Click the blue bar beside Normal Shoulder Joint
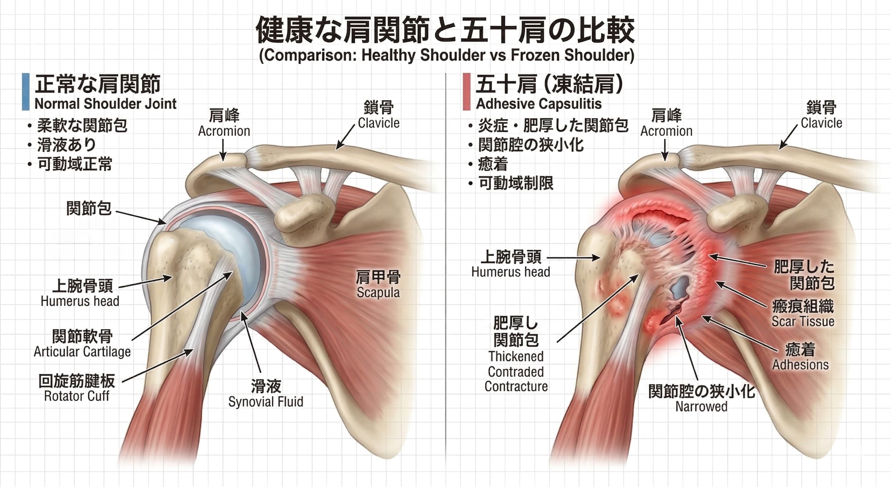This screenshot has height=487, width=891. (x=26, y=92)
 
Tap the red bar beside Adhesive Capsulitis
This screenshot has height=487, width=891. (x=467, y=92)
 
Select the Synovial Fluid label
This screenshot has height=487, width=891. (x=266, y=402)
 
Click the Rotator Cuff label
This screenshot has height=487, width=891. (x=77, y=396)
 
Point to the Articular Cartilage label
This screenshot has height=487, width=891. (x=82, y=352)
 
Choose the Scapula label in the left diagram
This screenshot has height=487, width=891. (x=378, y=293)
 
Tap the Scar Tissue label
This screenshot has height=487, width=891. (x=803, y=321)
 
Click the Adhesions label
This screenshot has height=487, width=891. (x=800, y=365)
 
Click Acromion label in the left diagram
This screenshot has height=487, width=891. (x=224, y=131)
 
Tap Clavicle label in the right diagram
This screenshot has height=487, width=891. (x=821, y=123)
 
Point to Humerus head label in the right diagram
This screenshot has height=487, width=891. (x=510, y=272)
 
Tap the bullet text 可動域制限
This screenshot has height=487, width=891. (x=516, y=183)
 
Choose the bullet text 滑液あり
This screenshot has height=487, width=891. (x=66, y=145)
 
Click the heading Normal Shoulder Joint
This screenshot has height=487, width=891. (x=105, y=104)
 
